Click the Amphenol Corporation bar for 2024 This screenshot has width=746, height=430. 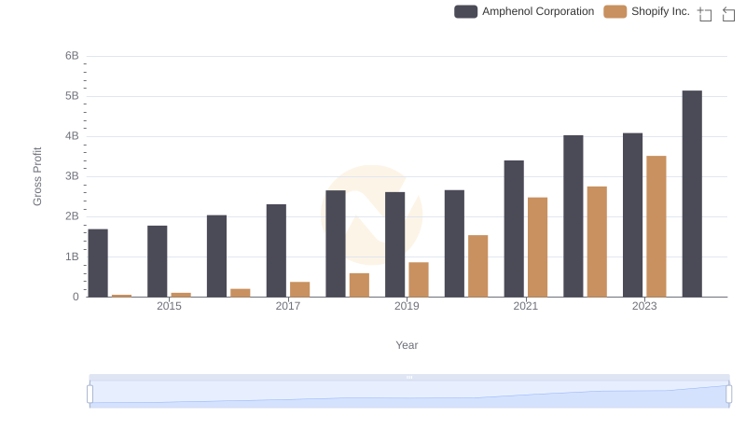[x=692, y=194]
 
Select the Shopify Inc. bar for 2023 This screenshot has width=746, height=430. [x=656, y=227]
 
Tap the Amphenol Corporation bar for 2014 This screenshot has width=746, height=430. [x=98, y=263]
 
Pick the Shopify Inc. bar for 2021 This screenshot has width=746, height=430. [x=537, y=247]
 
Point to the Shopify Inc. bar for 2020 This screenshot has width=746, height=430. [x=478, y=266]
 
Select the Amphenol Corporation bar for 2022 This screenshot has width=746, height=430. [x=573, y=216]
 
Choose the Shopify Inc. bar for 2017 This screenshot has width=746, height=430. [x=299, y=289]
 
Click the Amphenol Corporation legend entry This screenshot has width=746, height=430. [x=524, y=12]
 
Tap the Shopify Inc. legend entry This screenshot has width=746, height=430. [x=647, y=12]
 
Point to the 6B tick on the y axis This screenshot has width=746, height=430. [x=72, y=56]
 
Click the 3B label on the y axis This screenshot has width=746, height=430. [x=72, y=176]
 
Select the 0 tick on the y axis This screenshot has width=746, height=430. [x=76, y=297]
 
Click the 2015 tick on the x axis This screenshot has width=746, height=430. [x=170, y=306]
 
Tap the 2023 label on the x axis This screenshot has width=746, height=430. [x=644, y=306]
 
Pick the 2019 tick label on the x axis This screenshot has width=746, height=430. [x=407, y=306]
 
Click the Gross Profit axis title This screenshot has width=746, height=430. [x=38, y=176]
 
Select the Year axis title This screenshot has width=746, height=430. [x=407, y=345]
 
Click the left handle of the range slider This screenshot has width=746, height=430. [x=90, y=395]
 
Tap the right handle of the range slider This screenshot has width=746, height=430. [x=728, y=395]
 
